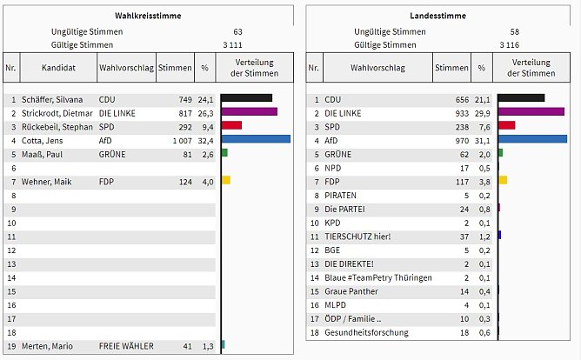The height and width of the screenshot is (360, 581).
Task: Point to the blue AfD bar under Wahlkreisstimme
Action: pos(256,139)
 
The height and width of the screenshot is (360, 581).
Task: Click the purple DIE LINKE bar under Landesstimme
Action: pos(531,112)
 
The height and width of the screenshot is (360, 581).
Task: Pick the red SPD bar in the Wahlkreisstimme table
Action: pos(231,126)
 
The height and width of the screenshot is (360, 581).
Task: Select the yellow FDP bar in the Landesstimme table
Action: pos(503,180)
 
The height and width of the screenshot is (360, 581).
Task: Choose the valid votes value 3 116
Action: pos(511,43)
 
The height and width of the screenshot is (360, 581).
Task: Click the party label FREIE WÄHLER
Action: pos(126,347)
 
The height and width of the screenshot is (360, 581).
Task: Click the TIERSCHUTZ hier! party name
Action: pos(357,236)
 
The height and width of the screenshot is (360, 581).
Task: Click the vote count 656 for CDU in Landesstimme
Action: pos(457,99)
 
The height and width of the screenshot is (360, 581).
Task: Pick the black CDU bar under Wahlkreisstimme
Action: pos(247,98)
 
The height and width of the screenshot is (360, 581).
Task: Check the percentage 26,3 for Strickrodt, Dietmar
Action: pos(205,113)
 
